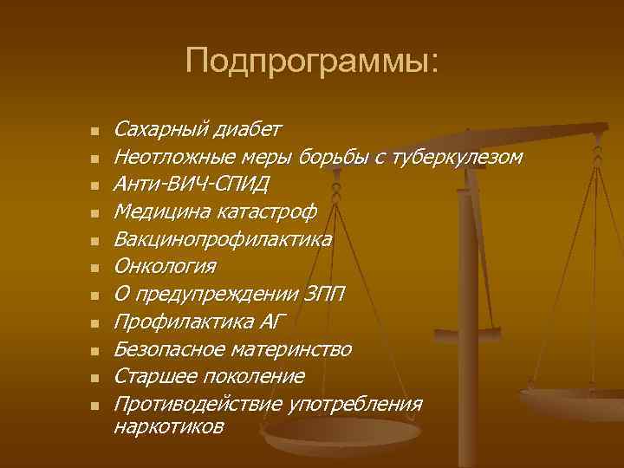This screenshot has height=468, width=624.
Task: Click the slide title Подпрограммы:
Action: tap(312, 61)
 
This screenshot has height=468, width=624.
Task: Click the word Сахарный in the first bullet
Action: tap(157, 130)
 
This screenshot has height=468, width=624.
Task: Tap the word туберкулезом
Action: tap(457, 158)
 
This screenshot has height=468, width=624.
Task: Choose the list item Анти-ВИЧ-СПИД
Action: tap(192, 185)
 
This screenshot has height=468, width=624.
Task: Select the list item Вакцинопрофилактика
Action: tap(223, 239)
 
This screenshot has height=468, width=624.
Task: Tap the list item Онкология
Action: tap(166, 266)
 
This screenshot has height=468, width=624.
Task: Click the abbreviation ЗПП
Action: tap(325, 295)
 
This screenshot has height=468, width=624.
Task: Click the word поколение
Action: tap(257, 377)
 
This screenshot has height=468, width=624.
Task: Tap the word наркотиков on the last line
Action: tap(169, 426)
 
